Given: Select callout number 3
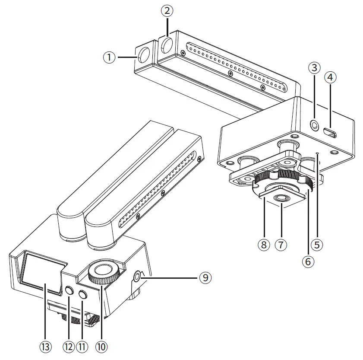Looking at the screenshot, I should pyautogui.click(x=315, y=68).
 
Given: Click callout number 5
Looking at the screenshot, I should pyautogui.click(x=317, y=245).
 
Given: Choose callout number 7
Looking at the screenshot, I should pyautogui.click(x=281, y=245).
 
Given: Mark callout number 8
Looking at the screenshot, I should pyautogui.click(x=263, y=245).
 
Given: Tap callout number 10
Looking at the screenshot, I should pyautogui.click(x=101, y=346).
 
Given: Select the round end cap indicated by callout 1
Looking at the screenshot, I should pyautogui.click(x=144, y=54).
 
